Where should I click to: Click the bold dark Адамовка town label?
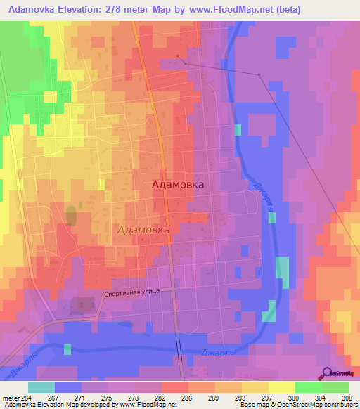[179, 184]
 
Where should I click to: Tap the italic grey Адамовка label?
[143, 230]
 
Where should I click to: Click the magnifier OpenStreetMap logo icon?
[326, 373]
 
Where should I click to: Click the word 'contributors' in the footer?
[339, 405]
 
